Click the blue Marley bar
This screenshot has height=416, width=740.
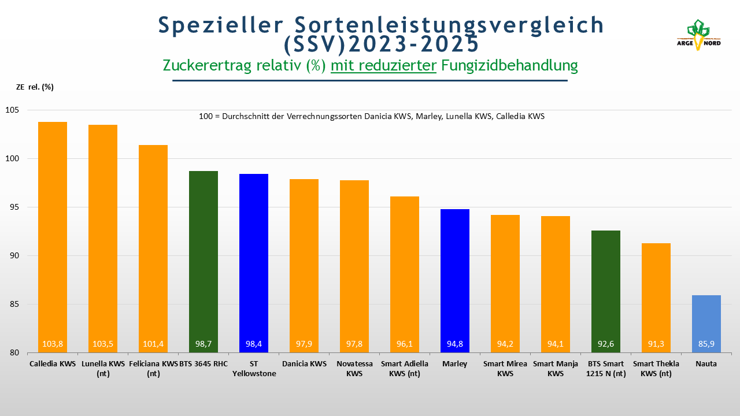(455, 277)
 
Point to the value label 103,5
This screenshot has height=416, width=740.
(103, 344)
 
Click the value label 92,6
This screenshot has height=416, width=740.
(606, 344)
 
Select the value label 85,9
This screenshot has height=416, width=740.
(706, 344)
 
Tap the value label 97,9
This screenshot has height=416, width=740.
(304, 344)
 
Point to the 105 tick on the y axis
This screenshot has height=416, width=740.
(12, 110)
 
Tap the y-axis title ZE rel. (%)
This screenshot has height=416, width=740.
(35, 87)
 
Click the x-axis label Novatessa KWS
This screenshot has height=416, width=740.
(354, 369)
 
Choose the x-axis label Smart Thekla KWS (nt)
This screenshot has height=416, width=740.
(656, 369)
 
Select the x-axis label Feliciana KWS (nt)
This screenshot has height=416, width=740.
(153, 369)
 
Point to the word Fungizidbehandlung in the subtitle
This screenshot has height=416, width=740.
(509, 65)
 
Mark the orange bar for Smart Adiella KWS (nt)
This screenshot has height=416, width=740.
(405, 272)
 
